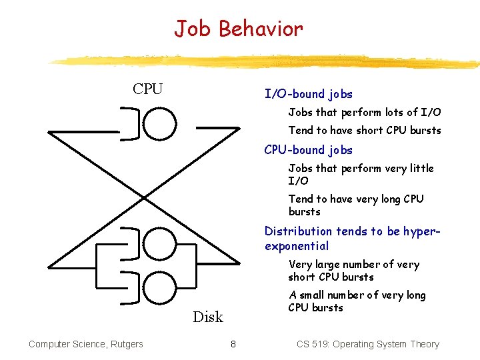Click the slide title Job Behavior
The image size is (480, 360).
tap(238, 29)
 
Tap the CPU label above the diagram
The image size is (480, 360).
tap(147, 89)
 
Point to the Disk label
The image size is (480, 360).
tap(208, 317)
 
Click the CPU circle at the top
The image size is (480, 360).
tap(161, 123)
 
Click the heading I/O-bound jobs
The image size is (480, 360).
tap(308, 94)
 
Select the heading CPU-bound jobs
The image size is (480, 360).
tap(308, 150)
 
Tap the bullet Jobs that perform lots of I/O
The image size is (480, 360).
tap(364, 113)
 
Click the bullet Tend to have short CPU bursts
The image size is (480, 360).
tap(364, 131)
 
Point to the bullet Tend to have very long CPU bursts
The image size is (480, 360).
tap(355, 205)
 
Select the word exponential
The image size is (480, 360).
tap(296, 246)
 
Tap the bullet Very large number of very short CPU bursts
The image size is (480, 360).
tap(353, 271)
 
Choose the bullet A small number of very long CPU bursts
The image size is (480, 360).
tap(357, 301)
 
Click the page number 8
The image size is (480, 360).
tap(233, 344)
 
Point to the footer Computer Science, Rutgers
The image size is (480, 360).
tap(85, 344)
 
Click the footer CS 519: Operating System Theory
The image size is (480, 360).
tap(367, 344)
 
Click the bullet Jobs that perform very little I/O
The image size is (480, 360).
tap(360, 175)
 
